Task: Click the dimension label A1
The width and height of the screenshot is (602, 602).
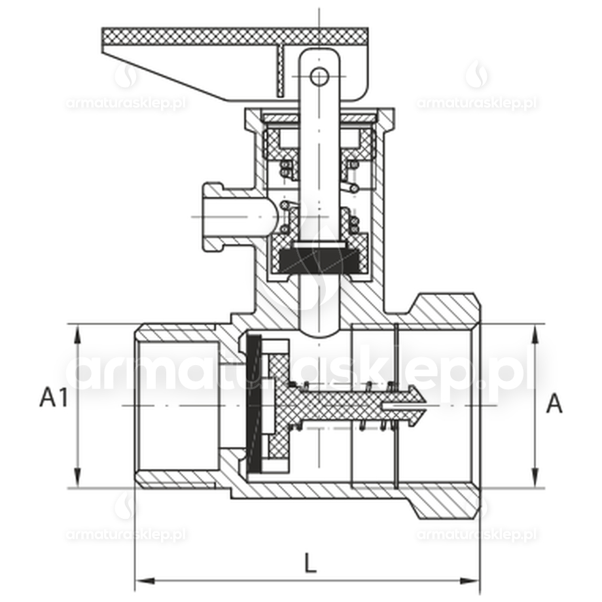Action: coord(54,397)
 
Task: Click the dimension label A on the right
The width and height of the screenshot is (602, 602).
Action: coord(554,404)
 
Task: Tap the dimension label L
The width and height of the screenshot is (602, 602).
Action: coord(310,563)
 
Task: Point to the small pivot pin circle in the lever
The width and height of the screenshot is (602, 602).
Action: coord(319,77)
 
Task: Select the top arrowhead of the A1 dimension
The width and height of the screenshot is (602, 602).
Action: coord(78,334)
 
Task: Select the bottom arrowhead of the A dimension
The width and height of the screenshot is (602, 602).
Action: coord(535,478)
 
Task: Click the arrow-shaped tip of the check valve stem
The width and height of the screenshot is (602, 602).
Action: coord(417,404)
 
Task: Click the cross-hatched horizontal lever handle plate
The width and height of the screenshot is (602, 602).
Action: coord(235,37)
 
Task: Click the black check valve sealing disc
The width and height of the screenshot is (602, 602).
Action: coord(253,403)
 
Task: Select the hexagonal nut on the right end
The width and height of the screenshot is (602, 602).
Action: coord(448,406)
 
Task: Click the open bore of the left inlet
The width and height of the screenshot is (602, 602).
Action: coord(179,406)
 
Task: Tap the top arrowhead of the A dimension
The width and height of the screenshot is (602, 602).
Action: coord(535,334)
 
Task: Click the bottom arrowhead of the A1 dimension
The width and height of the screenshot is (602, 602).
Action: coord(78,478)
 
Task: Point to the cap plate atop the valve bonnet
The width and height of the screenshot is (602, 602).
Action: coord(319,116)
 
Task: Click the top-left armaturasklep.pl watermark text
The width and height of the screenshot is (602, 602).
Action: coord(126,103)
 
